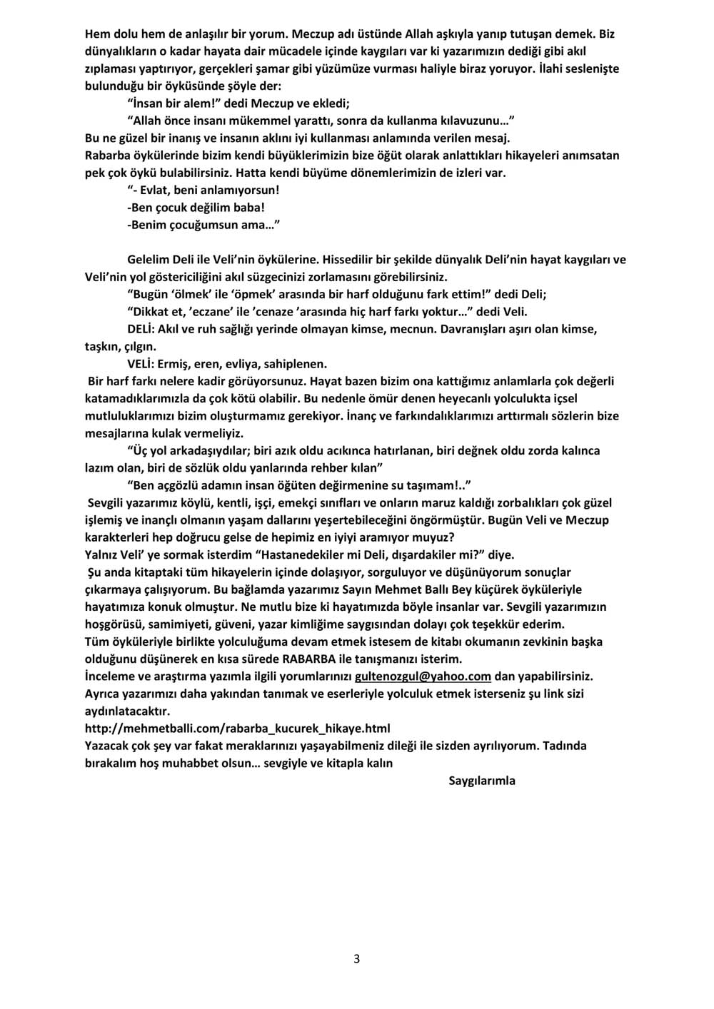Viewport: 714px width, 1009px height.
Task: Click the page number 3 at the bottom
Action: click(356, 958)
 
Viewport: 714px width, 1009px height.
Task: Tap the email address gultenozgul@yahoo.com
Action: click(423, 676)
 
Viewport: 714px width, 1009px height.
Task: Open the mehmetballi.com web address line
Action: click(238, 728)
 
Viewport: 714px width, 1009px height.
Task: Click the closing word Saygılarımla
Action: click(481, 780)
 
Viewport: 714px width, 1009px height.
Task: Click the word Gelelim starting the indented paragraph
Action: click(149, 259)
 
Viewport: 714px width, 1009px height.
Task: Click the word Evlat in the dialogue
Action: click(156, 190)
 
